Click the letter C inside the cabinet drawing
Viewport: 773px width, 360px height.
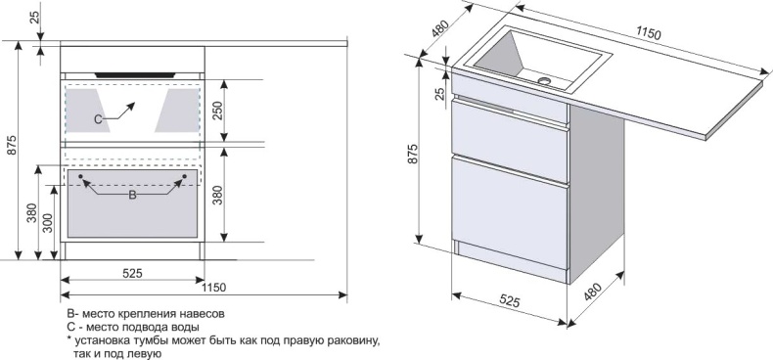(x=98, y=118)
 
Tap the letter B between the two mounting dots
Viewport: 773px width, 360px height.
(x=133, y=195)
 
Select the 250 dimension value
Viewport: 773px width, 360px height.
(x=218, y=111)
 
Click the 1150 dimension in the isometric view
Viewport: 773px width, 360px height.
(x=647, y=34)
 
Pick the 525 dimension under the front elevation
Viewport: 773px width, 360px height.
(x=133, y=275)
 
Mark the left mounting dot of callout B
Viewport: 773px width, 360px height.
(x=82, y=176)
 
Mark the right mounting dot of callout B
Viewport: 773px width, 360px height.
(x=183, y=176)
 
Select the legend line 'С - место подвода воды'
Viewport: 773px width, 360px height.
(x=133, y=327)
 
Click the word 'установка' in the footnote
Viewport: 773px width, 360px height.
(x=103, y=339)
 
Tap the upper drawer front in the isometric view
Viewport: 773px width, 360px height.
(x=510, y=127)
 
